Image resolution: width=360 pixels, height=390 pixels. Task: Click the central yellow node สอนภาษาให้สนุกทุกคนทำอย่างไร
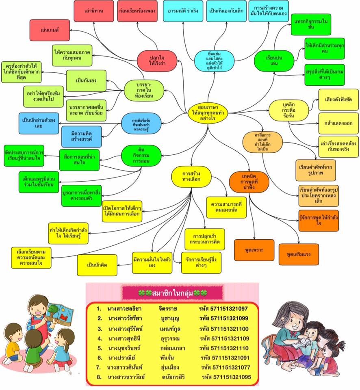[x=208, y=113]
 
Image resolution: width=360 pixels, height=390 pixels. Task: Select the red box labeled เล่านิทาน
[x=94, y=11]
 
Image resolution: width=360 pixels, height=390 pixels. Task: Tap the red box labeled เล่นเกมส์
[x=50, y=30]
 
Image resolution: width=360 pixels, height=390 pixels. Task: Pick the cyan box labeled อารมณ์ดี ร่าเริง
[x=183, y=11]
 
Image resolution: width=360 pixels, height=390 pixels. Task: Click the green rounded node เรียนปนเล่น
[x=274, y=61]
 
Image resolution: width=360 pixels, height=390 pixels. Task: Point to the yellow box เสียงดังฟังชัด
[x=338, y=100]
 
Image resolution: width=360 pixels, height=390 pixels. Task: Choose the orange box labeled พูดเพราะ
[x=254, y=250]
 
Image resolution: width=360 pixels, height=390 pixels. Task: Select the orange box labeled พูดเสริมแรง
[x=299, y=254]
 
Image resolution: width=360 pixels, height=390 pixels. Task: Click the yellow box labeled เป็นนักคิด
[x=97, y=265]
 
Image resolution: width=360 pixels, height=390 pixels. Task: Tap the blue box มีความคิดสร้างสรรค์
[x=81, y=136]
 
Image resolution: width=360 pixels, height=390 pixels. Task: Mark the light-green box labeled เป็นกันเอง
[x=86, y=80]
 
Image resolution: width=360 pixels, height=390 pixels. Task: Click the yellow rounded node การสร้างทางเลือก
[x=191, y=176]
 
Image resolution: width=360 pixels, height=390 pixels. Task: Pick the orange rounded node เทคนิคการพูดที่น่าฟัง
[x=249, y=182]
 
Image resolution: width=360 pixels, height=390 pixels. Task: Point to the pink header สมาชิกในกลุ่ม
[x=173, y=293]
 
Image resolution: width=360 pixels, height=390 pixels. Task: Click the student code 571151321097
[x=229, y=309]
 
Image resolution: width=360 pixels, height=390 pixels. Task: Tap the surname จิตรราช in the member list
[x=168, y=309]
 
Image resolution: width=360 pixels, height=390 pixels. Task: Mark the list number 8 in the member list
[x=99, y=377]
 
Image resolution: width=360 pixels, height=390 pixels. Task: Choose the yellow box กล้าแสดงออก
[x=338, y=123]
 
